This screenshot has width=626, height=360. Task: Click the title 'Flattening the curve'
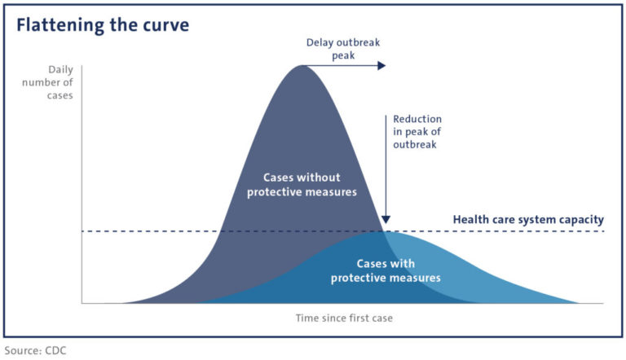point(103,25)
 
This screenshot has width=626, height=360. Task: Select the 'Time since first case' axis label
point(343,318)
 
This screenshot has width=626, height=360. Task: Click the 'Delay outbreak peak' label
point(342,49)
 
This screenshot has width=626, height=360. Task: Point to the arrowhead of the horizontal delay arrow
point(381,65)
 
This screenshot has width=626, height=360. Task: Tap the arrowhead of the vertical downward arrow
point(386,219)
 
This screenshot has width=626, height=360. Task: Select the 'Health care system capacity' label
point(528,219)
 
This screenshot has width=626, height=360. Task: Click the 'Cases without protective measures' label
point(302,184)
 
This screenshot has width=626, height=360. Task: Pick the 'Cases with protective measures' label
point(386,270)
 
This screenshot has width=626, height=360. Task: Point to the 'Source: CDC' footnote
point(34,351)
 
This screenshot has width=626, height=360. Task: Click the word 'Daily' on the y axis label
point(60,70)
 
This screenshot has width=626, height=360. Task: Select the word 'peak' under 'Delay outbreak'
point(342,55)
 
